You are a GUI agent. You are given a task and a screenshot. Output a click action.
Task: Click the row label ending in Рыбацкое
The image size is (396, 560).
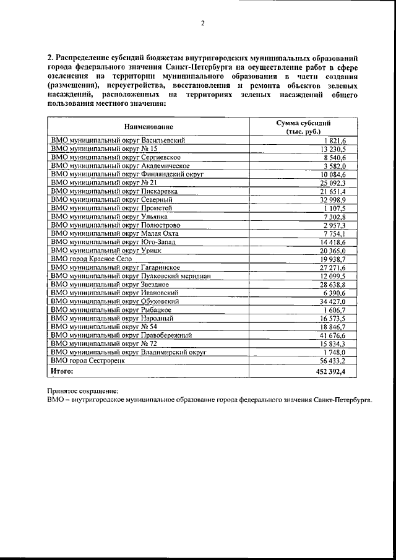click(x=115, y=309)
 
